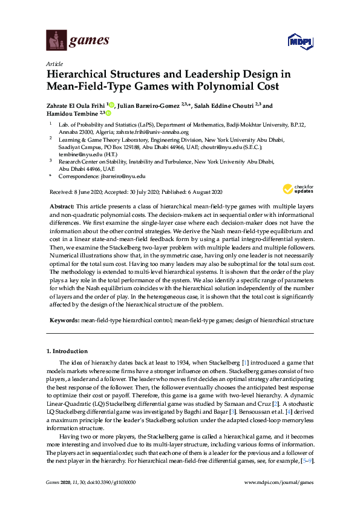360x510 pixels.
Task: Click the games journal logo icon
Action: (56, 41)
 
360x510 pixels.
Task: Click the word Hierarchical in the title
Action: (79, 75)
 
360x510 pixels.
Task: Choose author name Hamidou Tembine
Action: (74, 113)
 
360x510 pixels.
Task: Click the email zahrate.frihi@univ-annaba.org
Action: (157, 132)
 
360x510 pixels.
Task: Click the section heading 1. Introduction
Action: (67, 351)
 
